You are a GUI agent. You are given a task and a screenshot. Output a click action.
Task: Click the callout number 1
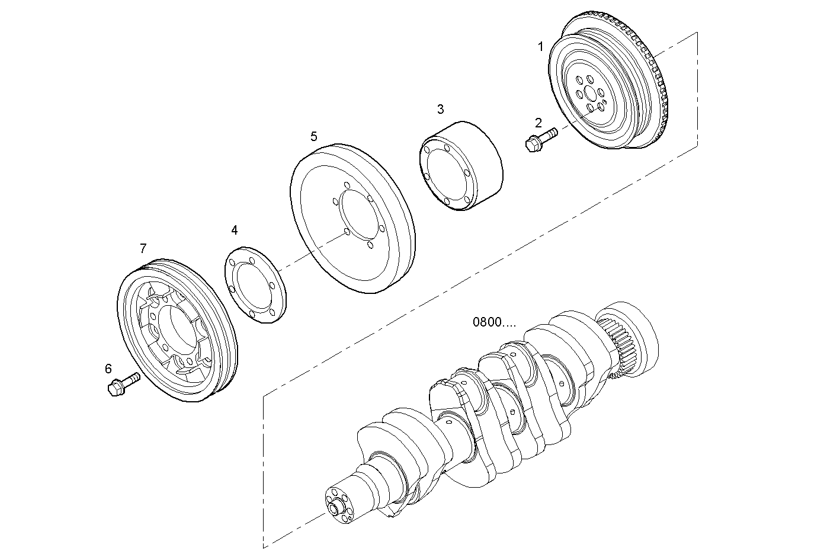540,46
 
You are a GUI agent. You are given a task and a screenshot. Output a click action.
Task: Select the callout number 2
538,123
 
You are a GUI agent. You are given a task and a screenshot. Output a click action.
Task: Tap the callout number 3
440,109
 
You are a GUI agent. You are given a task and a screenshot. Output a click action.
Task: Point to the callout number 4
235,229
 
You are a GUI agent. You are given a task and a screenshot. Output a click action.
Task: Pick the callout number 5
313,137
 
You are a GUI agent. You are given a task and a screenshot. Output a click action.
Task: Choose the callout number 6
108,369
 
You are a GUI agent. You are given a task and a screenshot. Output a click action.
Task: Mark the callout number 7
143,248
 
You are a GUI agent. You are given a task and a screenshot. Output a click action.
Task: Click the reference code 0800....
494,322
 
